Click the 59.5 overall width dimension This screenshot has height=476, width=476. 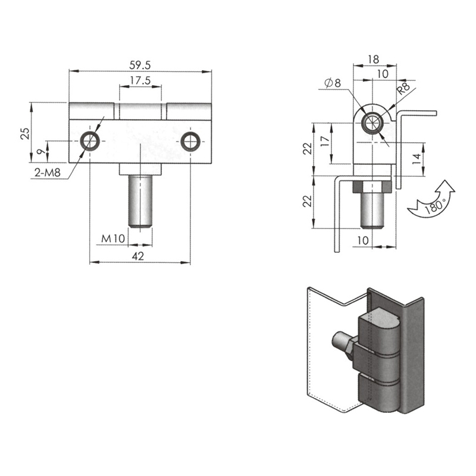coord(140,65)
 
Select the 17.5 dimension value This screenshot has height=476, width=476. coord(140,80)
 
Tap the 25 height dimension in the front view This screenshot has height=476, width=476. coord(26,133)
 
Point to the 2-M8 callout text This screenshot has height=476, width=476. coord(48,173)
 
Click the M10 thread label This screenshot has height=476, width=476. coord(113,239)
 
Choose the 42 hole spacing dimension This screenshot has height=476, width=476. coord(138,256)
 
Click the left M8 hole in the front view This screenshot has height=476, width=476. coord(90,141)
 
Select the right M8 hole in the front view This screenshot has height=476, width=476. coord(190,142)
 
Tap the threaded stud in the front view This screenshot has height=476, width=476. coord(140,202)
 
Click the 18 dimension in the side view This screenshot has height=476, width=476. coord(374,59)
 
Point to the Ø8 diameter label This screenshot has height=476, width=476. coord(333,83)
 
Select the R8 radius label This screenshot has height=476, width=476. coord(403,88)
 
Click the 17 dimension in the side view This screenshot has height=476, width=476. coord(325,141)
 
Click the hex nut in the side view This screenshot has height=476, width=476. coord(372,187)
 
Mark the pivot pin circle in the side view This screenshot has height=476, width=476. coord(372,123)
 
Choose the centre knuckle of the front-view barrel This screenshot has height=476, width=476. coord(140,111)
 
